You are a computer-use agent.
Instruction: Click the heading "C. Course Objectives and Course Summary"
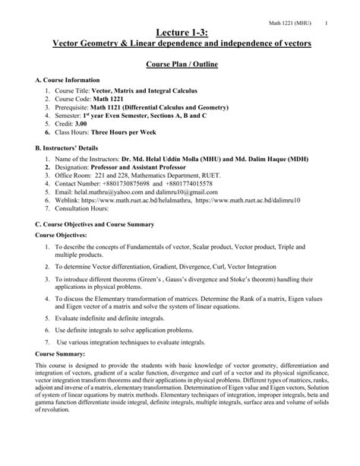click(94, 246)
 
